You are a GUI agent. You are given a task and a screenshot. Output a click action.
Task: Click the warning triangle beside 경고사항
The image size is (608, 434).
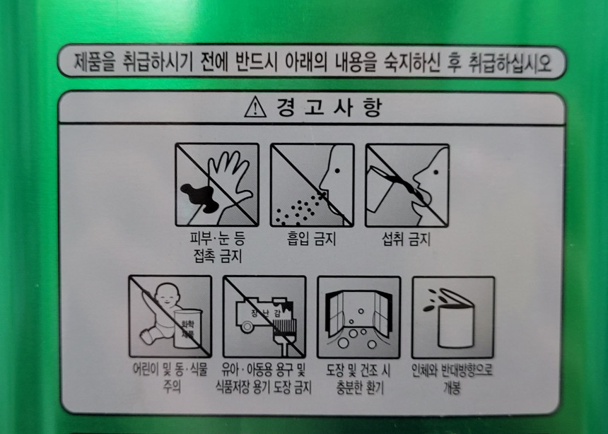255,107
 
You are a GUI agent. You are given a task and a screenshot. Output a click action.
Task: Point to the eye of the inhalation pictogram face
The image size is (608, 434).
337,170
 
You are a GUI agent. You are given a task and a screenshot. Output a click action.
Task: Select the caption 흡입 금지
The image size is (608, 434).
311,238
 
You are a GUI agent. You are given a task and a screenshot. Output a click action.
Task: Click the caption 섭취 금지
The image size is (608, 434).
406,238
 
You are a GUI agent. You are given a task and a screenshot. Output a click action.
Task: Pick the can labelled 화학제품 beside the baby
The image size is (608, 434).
187,328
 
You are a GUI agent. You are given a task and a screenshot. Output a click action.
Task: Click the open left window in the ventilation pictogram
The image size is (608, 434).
334,313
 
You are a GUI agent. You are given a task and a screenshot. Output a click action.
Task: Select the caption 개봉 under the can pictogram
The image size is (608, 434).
452,388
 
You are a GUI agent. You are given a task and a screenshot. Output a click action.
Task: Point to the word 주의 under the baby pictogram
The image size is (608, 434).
171,387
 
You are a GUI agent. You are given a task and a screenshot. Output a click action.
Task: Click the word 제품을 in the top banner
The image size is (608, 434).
95,62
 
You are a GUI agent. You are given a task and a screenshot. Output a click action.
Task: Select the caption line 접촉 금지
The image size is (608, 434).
217,256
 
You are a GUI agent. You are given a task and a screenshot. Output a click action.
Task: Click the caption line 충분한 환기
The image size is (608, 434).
359,387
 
